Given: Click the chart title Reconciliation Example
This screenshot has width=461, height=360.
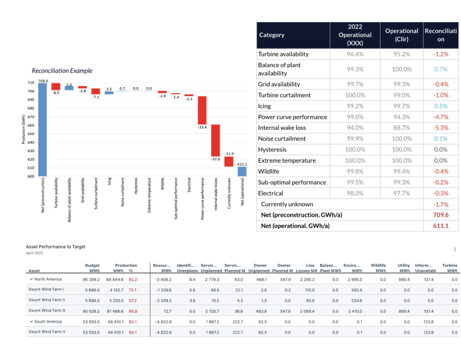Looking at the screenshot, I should tap(62, 71).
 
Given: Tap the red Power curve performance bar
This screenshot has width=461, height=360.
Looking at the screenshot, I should tap(202, 110).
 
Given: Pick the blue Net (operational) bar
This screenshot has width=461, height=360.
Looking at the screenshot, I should tap(242, 171).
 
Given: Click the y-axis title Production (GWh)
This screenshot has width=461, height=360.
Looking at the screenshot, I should tap(23, 130).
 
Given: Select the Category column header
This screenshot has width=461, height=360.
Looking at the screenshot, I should tap(272, 35).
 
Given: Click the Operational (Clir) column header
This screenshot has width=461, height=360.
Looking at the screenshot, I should tap(402, 35).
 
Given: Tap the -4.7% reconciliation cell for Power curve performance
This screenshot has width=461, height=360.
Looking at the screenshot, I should tap(441, 117).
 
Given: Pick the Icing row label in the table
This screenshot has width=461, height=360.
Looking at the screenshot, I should tap(264, 106).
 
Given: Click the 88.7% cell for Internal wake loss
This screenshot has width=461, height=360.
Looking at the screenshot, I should tap(402, 128).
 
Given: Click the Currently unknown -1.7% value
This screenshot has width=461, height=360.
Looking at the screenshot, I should tap(441, 204).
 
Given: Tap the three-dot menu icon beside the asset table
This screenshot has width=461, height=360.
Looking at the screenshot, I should tap(455, 249).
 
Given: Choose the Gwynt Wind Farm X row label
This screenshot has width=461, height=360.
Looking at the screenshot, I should tap(47, 311).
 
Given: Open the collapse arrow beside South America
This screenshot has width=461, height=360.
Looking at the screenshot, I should tap(31, 321).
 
